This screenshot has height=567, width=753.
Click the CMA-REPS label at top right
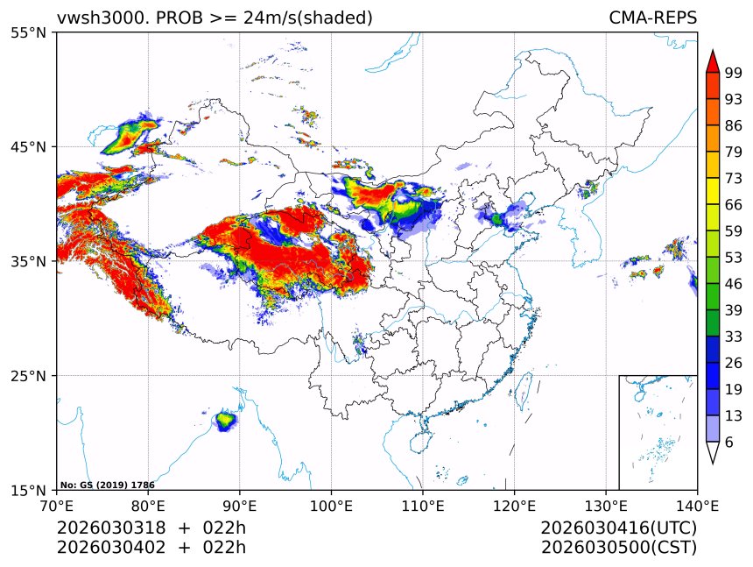[x=652, y=18]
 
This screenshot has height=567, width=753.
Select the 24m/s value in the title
[x=262, y=18]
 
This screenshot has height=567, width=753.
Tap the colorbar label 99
[x=734, y=73]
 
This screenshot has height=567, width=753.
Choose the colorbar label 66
[x=734, y=204]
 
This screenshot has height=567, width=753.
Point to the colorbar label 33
[x=734, y=337]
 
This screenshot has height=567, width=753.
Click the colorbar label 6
[x=729, y=443]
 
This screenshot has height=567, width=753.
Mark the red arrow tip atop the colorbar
[x=713, y=60]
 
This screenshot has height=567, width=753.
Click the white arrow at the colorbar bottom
[x=713, y=453]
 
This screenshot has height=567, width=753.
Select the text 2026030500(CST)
[x=618, y=548]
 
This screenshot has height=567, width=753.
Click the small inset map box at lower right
[x=658, y=432]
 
